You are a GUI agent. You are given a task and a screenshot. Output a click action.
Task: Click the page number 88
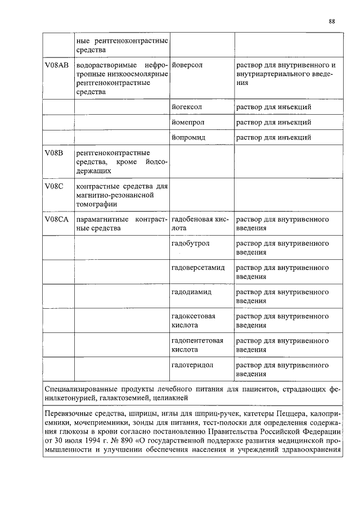[x=332, y=22]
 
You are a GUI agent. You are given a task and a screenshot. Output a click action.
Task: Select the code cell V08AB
[x=56, y=65]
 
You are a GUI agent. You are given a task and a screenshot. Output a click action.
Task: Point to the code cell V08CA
[x=56, y=219]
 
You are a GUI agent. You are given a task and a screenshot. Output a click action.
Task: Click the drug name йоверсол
[x=187, y=65]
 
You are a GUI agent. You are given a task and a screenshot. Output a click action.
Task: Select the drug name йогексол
[x=187, y=106]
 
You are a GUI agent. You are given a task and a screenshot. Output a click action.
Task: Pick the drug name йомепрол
[x=188, y=122]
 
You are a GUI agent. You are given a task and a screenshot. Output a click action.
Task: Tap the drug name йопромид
[x=188, y=137]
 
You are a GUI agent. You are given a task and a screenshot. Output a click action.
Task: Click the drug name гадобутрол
[x=190, y=244]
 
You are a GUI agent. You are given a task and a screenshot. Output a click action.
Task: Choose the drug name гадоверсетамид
[x=198, y=268]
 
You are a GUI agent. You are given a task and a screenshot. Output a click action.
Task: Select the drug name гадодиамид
[x=191, y=292]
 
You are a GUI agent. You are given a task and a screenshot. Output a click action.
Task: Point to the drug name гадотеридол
[x=192, y=365]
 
